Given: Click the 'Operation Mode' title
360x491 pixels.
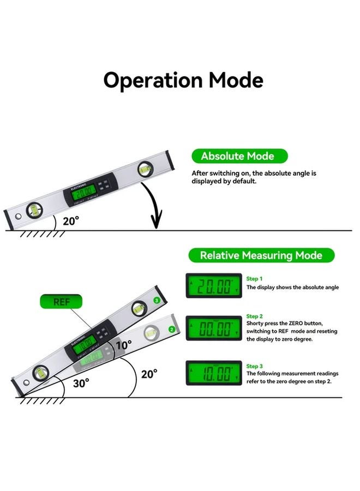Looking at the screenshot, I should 183,80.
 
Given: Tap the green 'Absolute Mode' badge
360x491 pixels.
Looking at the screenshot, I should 237,156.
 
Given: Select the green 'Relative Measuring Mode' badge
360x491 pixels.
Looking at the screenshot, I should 261,255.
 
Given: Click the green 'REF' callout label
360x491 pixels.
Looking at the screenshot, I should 61,302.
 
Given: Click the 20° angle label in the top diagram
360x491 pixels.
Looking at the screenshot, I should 70,220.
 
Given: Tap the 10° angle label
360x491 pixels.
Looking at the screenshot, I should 124,345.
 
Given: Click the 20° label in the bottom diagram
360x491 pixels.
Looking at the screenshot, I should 149,374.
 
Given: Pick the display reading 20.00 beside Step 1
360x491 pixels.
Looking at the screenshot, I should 214,286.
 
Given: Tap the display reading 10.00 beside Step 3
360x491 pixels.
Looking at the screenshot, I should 214,374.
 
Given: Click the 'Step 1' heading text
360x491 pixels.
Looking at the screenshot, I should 254,279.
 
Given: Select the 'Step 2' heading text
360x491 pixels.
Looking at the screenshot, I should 254,316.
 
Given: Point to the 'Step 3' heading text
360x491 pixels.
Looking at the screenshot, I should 254,366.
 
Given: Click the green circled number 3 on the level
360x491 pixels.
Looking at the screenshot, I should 157,300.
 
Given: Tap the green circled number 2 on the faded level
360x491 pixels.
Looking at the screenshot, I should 171,329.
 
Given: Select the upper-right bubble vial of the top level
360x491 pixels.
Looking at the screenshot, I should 145,169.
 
